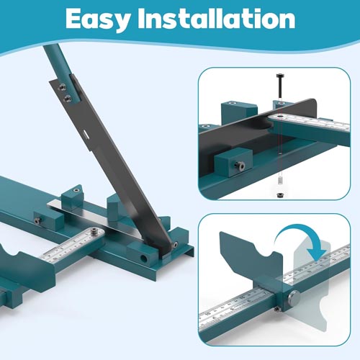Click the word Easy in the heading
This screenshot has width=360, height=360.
pos(98,19)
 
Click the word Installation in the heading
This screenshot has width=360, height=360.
pos(216,19)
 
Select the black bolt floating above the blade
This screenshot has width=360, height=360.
pos(280,86)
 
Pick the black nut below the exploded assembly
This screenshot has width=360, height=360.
pos(280,195)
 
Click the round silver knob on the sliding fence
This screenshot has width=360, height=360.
pos(294,298)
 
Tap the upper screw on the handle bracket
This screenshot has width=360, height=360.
pos(63,87)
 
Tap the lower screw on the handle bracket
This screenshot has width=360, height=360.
pos(68,98)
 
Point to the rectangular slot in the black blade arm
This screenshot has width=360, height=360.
pos(86,134)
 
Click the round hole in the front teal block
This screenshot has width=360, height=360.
pos(144,258)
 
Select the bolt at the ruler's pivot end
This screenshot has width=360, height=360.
pos(94,232)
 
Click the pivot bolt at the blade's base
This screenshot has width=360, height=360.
pos(176,245)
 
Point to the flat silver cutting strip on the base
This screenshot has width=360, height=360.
pos(96,216)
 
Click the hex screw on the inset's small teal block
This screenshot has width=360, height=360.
pos(240,166)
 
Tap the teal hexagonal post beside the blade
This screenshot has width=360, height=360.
pos(114,208)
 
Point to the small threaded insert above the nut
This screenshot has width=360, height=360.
pos(280,180)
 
